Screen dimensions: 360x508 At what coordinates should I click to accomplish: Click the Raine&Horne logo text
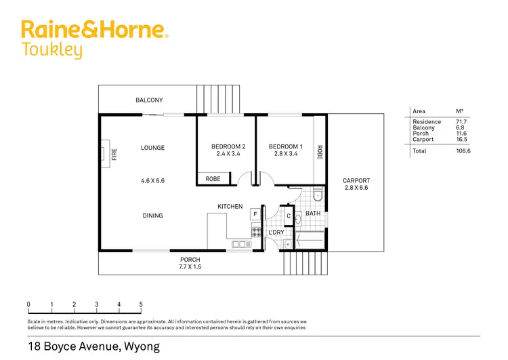[x=94, y=30]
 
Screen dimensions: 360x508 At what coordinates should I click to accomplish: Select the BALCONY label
[x=149, y=100]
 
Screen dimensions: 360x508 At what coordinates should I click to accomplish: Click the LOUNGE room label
[x=152, y=148]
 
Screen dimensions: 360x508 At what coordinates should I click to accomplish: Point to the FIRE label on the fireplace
[x=114, y=155]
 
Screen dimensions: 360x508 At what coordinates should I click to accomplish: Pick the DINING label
[x=152, y=216]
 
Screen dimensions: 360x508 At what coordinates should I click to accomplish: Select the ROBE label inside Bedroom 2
[x=213, y=179]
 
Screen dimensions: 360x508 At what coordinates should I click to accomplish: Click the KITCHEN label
[x=230, y=206]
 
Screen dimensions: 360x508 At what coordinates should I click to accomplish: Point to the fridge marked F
[x=255, y=214]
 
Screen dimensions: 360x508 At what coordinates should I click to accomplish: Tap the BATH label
[x=312, y=214]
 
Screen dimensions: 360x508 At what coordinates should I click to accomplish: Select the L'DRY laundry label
[x=276, y=233]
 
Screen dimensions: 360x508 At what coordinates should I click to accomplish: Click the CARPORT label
[x=356, y=181]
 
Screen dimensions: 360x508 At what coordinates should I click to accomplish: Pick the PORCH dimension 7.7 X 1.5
[x=190, y=267]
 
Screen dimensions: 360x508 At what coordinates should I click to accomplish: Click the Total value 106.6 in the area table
[x=463, y=151]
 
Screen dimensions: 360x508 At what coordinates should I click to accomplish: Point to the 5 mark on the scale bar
[x=141, y=304]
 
